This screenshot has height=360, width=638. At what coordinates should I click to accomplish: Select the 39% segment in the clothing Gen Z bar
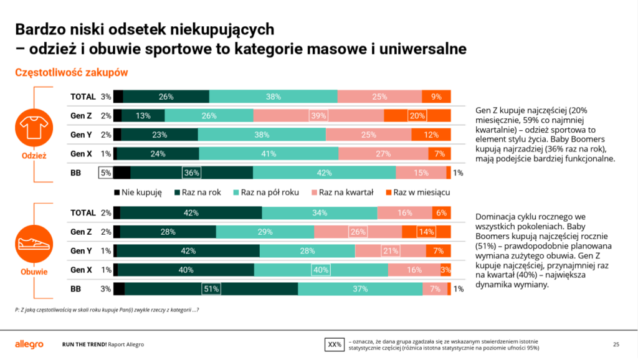pos(318,115)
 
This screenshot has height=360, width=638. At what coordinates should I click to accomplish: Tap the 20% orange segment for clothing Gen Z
pos(417,115)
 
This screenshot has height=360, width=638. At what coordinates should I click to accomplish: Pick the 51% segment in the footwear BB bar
pos(211,289)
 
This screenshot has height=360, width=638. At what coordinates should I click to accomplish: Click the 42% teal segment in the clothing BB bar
pos(324,173)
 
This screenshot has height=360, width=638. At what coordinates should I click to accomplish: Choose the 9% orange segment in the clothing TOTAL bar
pos(436,97)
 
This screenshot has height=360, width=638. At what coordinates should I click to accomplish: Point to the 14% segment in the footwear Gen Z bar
pos(426,232)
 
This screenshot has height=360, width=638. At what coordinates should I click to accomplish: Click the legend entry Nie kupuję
pos(138,192)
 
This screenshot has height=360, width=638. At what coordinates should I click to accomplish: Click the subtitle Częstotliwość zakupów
pos(72,72)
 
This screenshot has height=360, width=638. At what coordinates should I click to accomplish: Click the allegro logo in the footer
pos(29,344)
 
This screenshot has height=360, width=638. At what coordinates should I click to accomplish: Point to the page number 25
pos(616,344)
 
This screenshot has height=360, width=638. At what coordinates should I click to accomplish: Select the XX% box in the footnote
pos(335,344)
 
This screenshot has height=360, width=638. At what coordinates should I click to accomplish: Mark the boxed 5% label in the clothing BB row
pos(106,173)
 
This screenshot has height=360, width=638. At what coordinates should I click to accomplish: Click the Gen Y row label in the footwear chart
pos(81,251)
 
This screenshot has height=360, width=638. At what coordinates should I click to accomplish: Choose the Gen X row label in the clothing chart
pos(81,154)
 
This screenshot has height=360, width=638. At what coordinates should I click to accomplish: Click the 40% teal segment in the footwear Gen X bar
pos(321,270)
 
